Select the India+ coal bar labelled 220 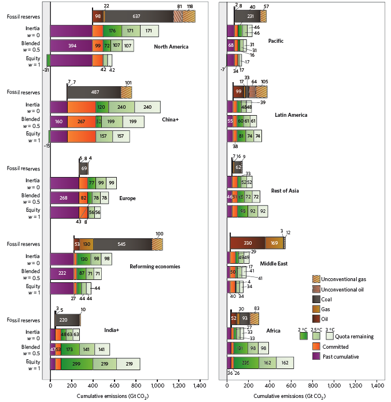point(64,319)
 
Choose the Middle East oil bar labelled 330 point(247,243)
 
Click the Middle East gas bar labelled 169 point(274,243)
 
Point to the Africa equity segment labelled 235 point(246,363)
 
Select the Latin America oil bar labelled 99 point(238,91)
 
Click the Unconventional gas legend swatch point(317,279)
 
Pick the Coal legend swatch point(317,298)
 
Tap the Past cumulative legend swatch point(317,356)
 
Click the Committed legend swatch point(317,346)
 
